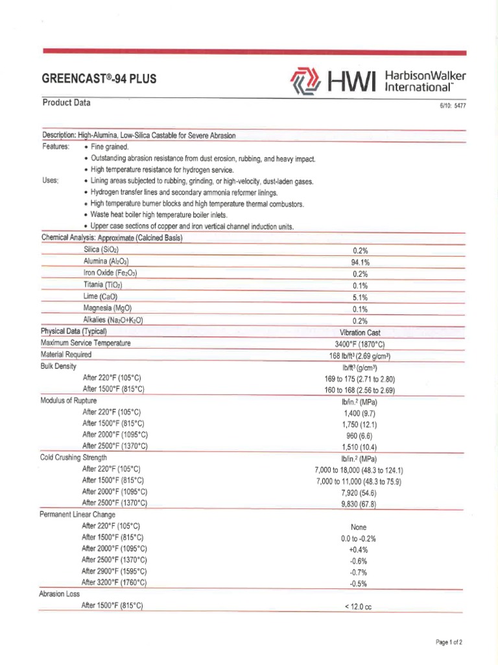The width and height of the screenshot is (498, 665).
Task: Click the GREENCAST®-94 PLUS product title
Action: [99, 80]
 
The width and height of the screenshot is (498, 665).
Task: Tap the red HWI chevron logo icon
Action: [304, 82]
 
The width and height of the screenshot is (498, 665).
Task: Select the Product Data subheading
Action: [67, 103]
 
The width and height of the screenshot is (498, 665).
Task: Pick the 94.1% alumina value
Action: [360, 262]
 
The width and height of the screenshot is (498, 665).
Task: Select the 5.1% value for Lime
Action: [360, 297]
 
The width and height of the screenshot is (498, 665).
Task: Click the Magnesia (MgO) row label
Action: [108, 308]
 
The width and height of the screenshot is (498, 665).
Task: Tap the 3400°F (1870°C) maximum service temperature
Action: [360, 344]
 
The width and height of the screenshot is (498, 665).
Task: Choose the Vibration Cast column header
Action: [360, 332]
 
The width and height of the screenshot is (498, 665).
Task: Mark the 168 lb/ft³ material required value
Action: [360, 356]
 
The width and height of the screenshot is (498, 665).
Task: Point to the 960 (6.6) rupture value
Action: [360, 436]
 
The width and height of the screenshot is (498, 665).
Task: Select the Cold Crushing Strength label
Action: [73, 458]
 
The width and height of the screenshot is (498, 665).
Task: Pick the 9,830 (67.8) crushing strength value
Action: [360, 504]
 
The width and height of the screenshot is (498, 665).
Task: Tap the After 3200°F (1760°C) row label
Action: [114, 583]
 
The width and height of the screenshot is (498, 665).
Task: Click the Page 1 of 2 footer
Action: [449, 643]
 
